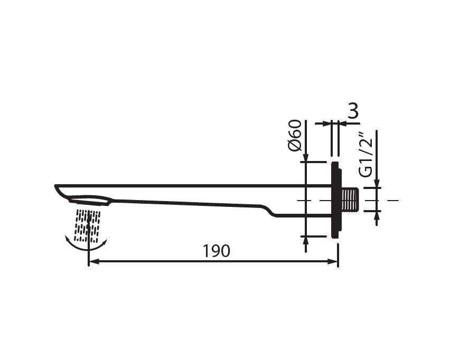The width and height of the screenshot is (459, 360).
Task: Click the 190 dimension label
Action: [x=217, y=251]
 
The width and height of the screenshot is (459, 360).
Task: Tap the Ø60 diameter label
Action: [x=295, y=136]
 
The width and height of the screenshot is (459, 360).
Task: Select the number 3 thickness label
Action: [x=353, y=111]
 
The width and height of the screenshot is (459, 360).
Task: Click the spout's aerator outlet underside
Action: [x=89, y=201]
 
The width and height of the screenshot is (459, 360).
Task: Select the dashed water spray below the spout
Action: [x=87, y=226]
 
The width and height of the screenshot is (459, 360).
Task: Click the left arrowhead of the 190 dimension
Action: [x=94, y=261]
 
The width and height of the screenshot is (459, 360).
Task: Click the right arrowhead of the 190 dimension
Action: [x=333, y=261]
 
